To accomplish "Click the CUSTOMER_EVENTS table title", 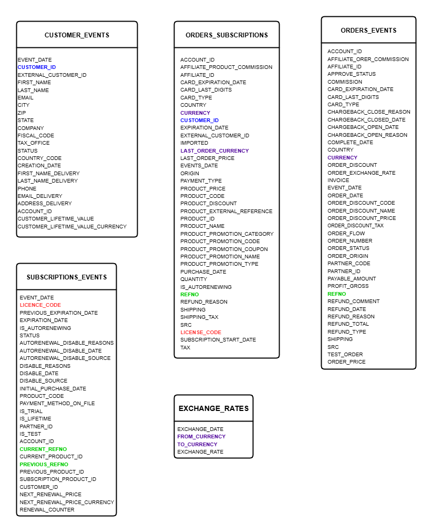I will tap(77, 35).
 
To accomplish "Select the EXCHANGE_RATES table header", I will tap(213, 408).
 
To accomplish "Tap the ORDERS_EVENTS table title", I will tap(368, 31).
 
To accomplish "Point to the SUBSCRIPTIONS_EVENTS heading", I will tap(66, 277).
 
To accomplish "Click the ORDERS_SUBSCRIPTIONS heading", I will tap(227, 35).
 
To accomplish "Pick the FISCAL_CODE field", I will tap(36, 136).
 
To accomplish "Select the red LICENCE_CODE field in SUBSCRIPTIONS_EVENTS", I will tap(40, 305).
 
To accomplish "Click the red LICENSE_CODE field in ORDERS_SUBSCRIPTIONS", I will tap(201, 332).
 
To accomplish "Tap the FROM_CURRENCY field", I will tap(201, 437).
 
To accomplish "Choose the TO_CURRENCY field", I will tap(197, 444).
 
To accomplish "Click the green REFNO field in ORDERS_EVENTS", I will tap(337, 294).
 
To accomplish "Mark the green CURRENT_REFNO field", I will tap(43, 449).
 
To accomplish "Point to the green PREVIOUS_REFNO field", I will tap(44, 465).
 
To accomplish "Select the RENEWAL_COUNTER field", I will tap(47, 510).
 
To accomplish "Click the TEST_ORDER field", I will tap(345, 354).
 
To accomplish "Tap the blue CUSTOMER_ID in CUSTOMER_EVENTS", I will tap(37, 67).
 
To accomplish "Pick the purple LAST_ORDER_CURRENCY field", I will tap(214, 150).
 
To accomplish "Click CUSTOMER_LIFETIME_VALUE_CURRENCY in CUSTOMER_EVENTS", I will tap(72, 227).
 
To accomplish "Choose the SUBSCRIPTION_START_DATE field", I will tap(218, 340).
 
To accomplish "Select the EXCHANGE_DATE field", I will tap(200, 429).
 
